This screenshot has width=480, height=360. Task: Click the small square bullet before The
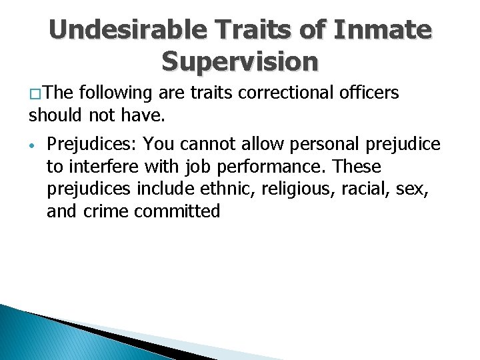pos(34,95)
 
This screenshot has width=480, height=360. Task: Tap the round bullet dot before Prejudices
pos(31,145)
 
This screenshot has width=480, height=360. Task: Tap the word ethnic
pos(236,189)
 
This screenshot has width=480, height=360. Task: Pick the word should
pos(51,116)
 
